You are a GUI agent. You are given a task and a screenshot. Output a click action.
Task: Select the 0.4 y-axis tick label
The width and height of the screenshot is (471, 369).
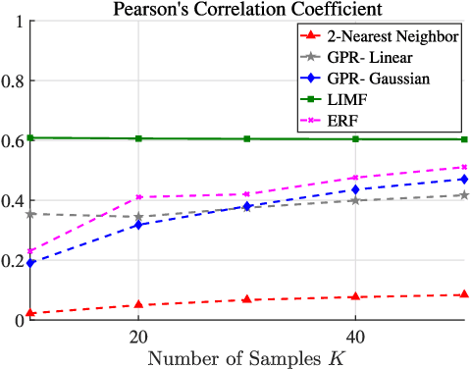point(14,200)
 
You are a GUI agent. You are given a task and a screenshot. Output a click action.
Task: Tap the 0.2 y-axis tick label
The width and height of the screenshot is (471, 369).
point(14,260)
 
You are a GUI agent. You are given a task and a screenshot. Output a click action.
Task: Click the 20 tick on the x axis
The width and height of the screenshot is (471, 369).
point(138,336)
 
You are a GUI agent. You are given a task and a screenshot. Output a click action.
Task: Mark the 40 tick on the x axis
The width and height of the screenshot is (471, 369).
point(354,336)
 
